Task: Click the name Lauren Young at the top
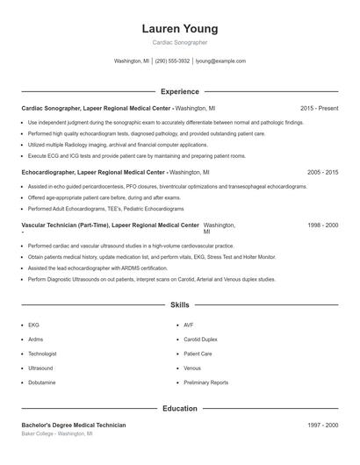[x=179, y=29]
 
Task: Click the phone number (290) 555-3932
[x=173, y=61]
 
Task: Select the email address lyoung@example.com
[x=220, y=61]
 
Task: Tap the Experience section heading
[x=179, y=91]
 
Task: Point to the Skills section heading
[x=179, y=305]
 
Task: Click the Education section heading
[x=179, y=408]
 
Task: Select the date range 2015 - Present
[x=319, y=108]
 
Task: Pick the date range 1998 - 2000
[x=322, y=225]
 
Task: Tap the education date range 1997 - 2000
[x=322, y=425]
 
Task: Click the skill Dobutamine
[x=43, y=383]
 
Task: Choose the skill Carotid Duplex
[x=200, y=339]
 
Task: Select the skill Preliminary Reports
[x=205, y=383]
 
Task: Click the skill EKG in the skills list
[x=33, y=325]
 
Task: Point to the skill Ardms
[x=35, y=339]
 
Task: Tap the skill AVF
[x=189, y=325]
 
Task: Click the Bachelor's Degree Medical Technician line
[x=74, y=425]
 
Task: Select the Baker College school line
[x=59, y=433]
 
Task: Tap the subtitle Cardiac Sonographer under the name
[x=179, y=43]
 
